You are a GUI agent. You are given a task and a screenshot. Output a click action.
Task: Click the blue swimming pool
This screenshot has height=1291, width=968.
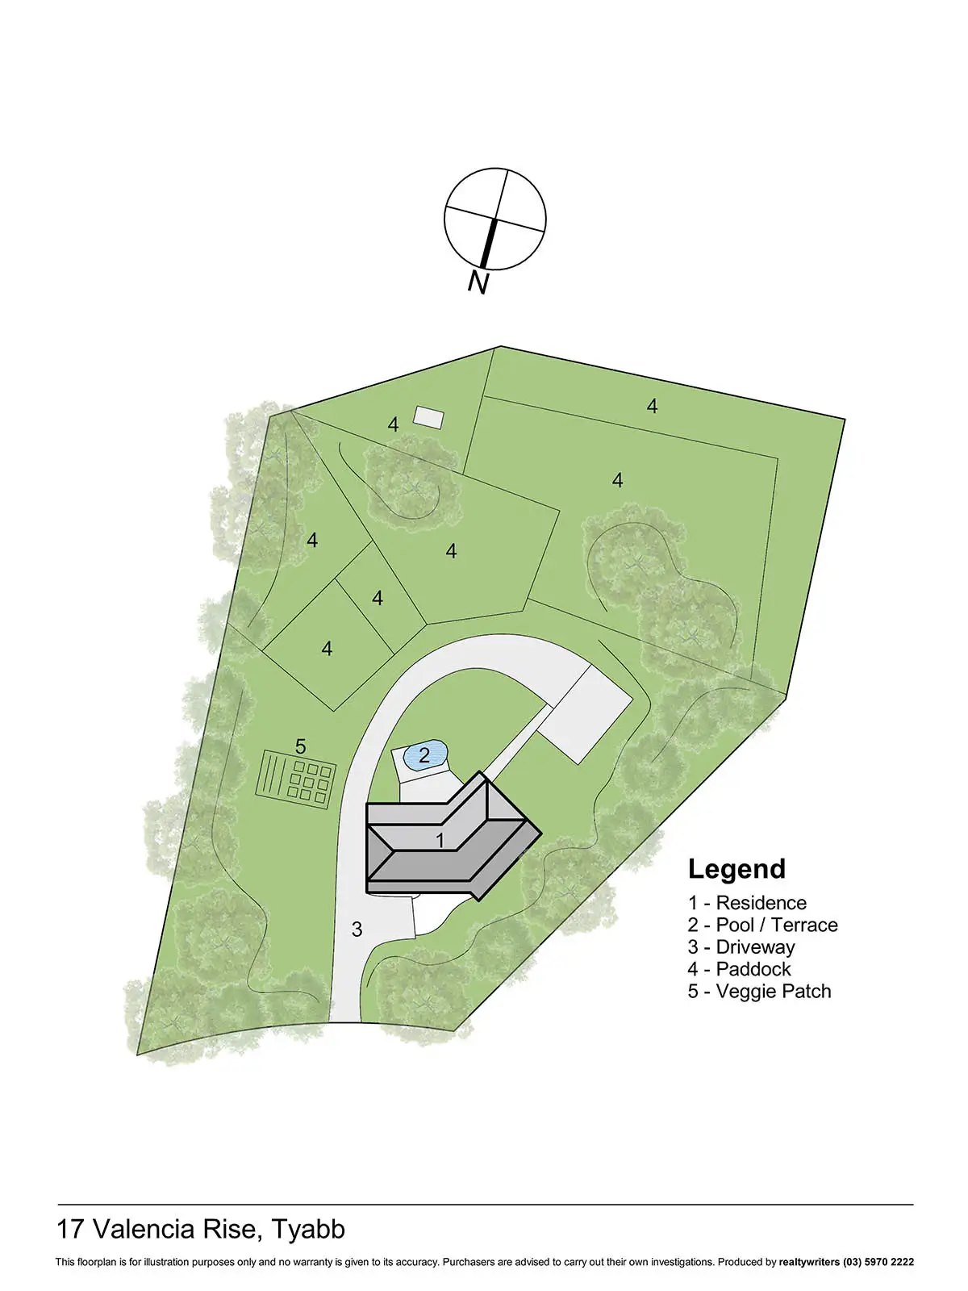(424, 756)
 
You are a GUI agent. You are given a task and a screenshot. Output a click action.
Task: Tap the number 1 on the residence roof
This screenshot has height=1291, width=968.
(440, 840)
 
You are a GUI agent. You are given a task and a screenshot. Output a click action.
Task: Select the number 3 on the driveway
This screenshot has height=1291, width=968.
(357, 930)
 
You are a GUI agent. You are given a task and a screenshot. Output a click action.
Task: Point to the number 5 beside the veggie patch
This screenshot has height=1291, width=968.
(301, 746)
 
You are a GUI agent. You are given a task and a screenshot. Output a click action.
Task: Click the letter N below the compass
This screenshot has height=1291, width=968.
(478, 282)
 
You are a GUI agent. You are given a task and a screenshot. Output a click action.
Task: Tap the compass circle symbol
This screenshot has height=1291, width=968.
(495, 219)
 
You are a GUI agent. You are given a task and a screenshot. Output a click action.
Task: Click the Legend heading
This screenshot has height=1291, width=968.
(736, 869)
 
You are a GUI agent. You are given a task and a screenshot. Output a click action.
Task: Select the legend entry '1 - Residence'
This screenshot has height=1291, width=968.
(747, 903)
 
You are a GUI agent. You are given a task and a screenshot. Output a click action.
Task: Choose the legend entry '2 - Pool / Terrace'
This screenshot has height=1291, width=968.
(762, 925)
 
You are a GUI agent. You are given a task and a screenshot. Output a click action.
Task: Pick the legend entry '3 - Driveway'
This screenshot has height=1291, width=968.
(741, 947)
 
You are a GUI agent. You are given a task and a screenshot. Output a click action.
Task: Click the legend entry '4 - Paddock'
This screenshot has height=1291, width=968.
(739, 969)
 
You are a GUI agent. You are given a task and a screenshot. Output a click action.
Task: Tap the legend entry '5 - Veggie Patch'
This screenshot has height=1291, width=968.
(759, 991)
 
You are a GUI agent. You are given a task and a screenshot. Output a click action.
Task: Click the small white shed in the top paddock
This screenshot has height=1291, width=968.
(428, 416)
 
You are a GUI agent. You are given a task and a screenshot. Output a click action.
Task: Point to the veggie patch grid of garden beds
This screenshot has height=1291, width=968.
(295, 776)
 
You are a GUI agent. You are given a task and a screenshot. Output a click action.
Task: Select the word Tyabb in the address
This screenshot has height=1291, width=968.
(308, 1229)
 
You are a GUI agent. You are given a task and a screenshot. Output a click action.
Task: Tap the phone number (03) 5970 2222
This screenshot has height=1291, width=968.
(878, 1262)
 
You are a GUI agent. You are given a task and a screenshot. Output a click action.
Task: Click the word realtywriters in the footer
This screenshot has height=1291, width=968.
(809, 1262)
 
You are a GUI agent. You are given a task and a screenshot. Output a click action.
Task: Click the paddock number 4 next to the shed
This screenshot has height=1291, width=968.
(393, 424)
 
